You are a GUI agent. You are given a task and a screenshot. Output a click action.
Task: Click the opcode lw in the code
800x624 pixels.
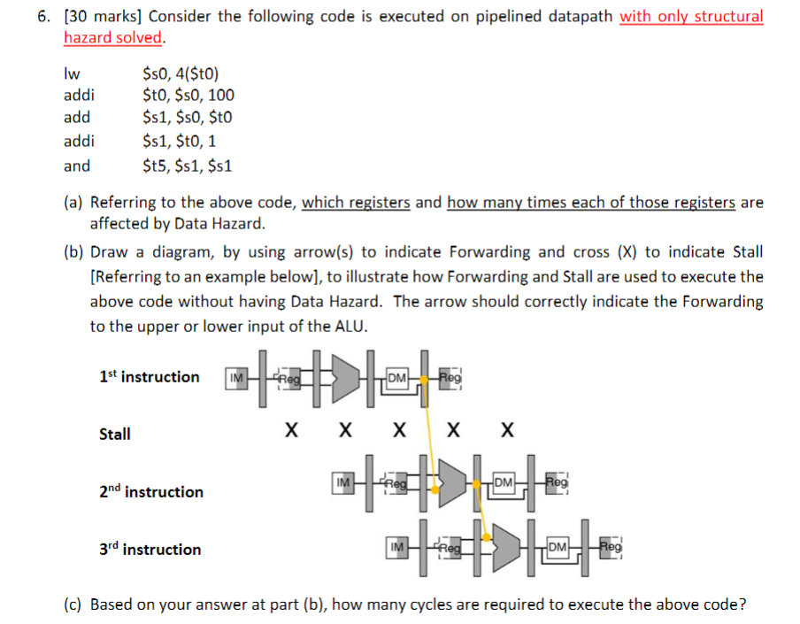click(70, 73)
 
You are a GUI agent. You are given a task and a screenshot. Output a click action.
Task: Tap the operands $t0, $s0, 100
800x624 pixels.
click(188, 96)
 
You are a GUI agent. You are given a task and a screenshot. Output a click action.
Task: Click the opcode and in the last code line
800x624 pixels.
click(77, 165)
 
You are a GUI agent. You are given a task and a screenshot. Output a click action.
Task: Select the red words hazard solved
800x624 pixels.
click(113, 37)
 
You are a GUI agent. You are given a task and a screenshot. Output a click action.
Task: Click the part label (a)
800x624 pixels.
click(74, 203)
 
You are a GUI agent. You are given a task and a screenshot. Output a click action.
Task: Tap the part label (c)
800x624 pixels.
click(74, 605)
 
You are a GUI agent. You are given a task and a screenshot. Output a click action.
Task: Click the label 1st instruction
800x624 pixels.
click(149, 377)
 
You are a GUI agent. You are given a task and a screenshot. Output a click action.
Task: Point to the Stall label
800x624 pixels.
click(115, 434)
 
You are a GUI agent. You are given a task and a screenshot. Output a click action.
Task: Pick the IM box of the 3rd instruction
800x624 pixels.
click(397, 549)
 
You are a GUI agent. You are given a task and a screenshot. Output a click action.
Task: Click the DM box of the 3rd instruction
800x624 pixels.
click(558, 549)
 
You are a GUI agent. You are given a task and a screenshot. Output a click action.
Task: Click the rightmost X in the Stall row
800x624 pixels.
click(506, 432)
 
